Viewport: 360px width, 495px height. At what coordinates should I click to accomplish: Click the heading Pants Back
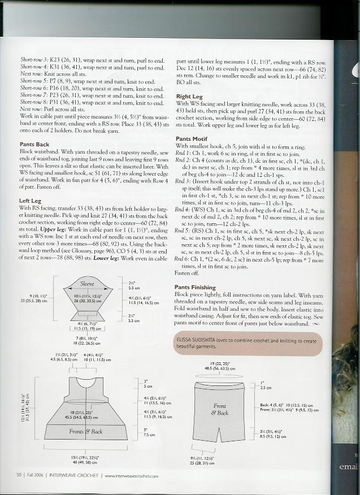(x=34, y=144)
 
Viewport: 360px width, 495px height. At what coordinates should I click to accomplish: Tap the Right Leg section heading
(x=189, y=97)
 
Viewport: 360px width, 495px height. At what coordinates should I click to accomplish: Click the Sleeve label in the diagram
(x=87, y=284)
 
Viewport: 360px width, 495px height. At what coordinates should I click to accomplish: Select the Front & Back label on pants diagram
(x=221, y=409)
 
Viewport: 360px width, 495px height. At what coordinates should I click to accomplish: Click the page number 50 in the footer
(x=19, y=475)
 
